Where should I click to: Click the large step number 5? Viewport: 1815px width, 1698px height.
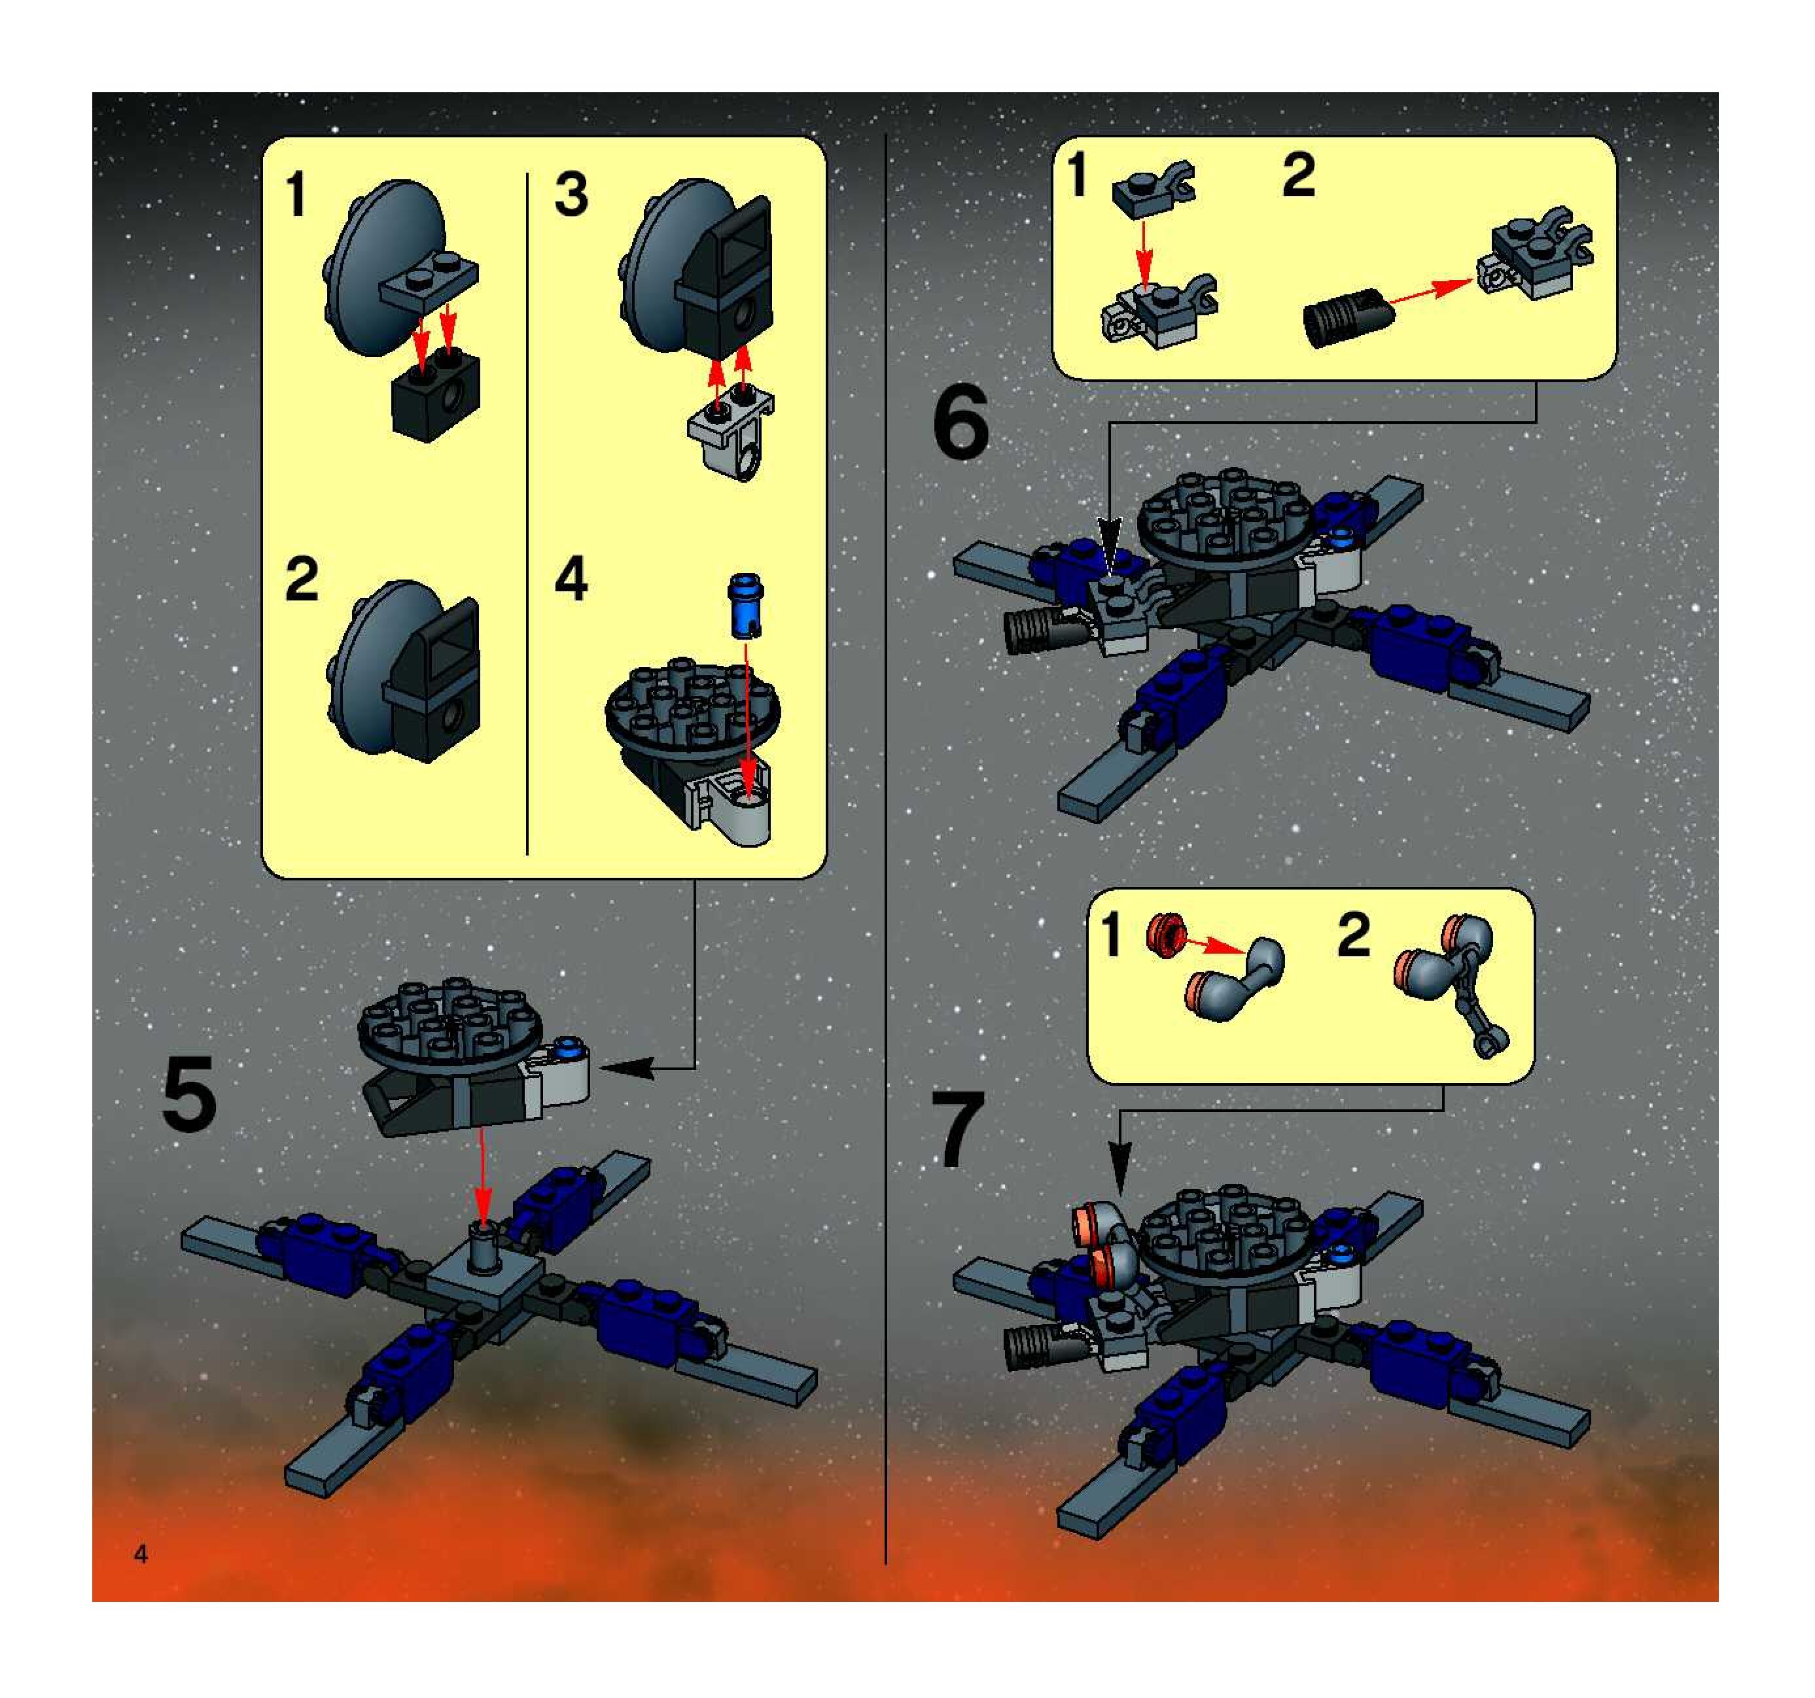[189, 1093]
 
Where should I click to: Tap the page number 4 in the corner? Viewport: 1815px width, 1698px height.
[141, 1553]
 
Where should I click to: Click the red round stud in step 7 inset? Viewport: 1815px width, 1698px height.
[1165, 935]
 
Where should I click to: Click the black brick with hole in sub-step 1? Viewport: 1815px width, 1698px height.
[436, 394]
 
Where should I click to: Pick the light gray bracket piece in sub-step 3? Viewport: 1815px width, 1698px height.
[731, 432]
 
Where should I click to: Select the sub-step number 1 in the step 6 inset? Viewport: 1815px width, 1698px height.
[1078, 175]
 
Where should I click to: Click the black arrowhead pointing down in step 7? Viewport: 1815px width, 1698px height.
[1122, 1168]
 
